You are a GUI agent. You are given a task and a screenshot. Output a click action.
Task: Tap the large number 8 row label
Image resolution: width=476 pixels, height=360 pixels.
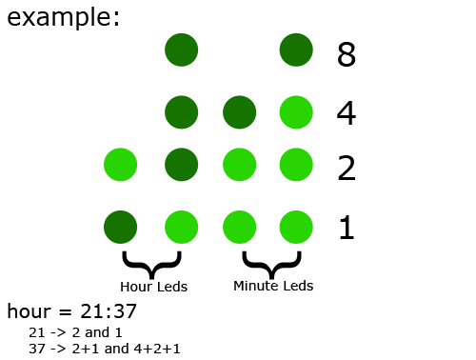[347, 55]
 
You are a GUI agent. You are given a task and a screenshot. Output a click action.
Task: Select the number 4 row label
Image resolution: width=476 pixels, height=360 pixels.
[347, 114]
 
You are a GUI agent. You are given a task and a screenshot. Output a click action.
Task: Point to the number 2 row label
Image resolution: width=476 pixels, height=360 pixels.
[347, 169]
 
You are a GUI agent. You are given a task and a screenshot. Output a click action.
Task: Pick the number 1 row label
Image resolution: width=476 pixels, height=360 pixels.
[347, 228]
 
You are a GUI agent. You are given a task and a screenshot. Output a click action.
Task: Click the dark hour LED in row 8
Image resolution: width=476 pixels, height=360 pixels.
[181, 50]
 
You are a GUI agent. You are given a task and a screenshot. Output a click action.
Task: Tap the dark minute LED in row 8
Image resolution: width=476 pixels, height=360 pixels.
[297, 50]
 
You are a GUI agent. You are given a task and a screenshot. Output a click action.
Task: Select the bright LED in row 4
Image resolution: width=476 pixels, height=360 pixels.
[297, 112]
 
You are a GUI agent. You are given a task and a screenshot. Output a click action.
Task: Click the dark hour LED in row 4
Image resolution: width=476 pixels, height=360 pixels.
[181, 112]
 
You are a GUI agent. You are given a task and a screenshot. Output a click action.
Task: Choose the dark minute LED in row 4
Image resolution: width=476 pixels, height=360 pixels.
[239, 112]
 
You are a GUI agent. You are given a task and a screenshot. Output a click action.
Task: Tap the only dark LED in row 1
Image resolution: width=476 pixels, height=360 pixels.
[120, 228]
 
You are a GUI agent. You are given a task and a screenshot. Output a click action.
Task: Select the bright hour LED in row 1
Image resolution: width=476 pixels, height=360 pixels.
[181, 228]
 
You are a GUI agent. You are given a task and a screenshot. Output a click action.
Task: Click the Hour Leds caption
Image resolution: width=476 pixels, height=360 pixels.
[153, 286]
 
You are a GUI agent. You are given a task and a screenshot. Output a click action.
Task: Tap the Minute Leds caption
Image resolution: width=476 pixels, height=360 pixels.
[273, 285]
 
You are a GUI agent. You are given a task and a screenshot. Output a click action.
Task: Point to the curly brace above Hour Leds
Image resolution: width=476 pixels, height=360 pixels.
[152, 263]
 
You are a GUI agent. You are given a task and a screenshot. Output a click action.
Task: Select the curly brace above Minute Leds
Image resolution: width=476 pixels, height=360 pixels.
[272, 262]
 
